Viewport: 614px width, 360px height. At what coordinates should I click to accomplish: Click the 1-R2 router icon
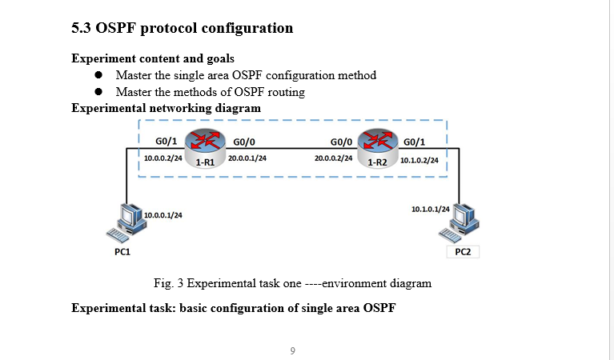[x=379, y=144]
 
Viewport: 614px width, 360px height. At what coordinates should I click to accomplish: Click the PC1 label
[x=122, y=251]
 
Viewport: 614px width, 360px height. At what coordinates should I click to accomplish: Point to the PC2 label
[x=463, y=251]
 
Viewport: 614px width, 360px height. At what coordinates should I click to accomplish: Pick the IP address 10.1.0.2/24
[x=419, y=160]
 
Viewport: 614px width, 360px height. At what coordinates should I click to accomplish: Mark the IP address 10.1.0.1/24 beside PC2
[x=430, y=209]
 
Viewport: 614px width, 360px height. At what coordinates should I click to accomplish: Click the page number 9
[x=293, y=350]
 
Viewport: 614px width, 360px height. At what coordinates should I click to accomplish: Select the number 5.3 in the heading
[x=81, y=29]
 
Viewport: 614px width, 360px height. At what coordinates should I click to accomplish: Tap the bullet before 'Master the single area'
[x=99, y=75]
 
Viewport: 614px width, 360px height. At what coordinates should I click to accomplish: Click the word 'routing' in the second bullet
[x=286, y=92]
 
